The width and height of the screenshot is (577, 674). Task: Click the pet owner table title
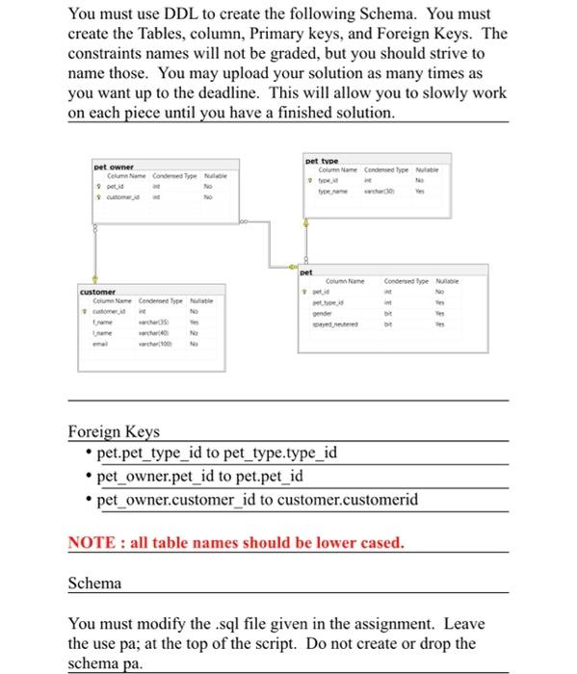tap(115, 167)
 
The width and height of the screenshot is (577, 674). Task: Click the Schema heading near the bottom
tap(95, 583)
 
